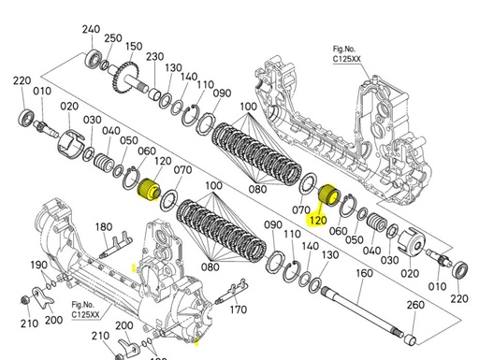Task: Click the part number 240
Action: coord(91,30)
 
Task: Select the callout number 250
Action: coord(113,38)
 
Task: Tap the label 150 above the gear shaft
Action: coord(134,47)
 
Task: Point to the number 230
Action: coord(154,56)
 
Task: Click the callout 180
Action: coord(103,226)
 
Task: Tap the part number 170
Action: coord(239,310)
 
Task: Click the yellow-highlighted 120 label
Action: coord(318,220)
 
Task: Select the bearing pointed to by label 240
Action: coord(94,58)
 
